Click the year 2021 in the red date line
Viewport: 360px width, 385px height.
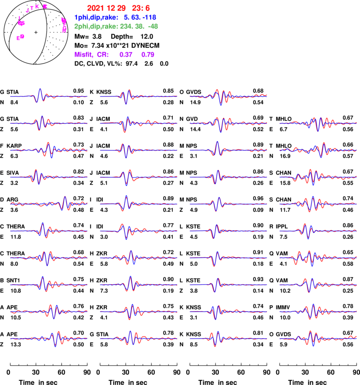pyautogui.click(x=95, y=8)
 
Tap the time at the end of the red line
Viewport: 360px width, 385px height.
pyautogui.click(x=141, y=8)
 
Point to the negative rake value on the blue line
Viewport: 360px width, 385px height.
pyautogui.click(x=148, y=17)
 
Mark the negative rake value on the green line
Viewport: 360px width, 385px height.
pyautogui.click(x=153, y=26)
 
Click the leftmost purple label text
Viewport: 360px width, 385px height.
pyautogui.click(x=84, y=54)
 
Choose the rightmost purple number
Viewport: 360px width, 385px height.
pyautogui.click(x=148, y=54)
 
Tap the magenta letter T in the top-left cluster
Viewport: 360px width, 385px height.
pyautogui.click(x=31, y=8)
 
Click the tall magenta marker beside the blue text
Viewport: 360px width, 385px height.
pyautogui.click(x=64, y=25)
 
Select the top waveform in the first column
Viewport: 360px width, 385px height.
pyautogui.click(x=49, y=96)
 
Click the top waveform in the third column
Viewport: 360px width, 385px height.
pyautogui.click(x=228, y=96)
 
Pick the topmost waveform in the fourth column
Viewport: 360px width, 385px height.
pyautogui.click(x=318, y=122)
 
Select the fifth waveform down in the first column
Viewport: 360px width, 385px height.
pyautogui.click(x=49, y=203)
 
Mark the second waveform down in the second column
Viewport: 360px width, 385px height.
pyautogui.click(x=139, y=122)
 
